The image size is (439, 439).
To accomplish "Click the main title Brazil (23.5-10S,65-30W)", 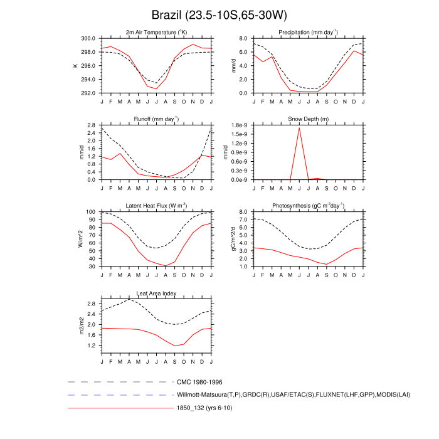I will (x=219, y=14).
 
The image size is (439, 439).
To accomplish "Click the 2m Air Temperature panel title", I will (x=156, y=32).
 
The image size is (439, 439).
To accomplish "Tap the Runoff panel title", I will (x=156, y=119).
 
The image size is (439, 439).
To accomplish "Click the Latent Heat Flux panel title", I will (x=156, y=206).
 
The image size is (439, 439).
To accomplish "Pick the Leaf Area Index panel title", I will (x=156, y=293).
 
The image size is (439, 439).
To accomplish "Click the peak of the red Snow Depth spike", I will (x=299, y=128).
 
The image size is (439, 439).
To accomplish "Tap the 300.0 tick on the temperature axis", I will (x=88, y=39).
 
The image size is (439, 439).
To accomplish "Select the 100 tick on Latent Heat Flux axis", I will (x=90, y=213).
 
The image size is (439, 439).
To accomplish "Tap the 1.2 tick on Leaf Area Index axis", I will (x=92, y=346).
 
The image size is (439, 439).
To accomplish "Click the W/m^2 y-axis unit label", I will (x=80, y=240).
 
